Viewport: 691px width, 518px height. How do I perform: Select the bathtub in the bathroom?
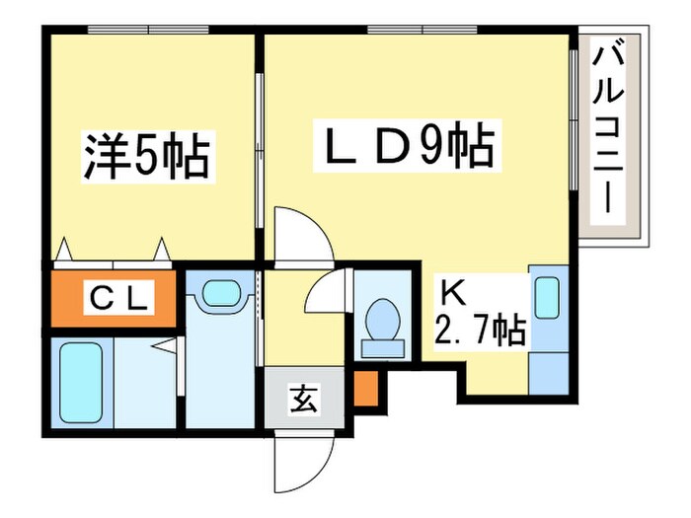(x=81, y=382)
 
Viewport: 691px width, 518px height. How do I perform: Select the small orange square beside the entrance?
(x=364, y=390)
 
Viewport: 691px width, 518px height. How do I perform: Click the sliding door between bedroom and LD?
(x=260, y=148)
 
